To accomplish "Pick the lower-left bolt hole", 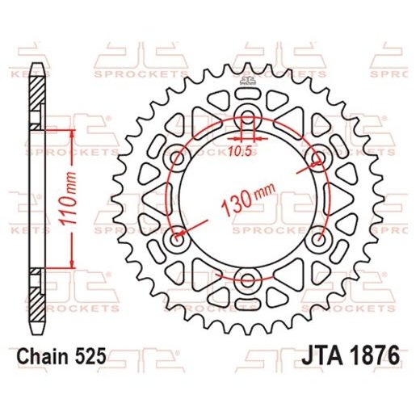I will (x=174, y=238).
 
